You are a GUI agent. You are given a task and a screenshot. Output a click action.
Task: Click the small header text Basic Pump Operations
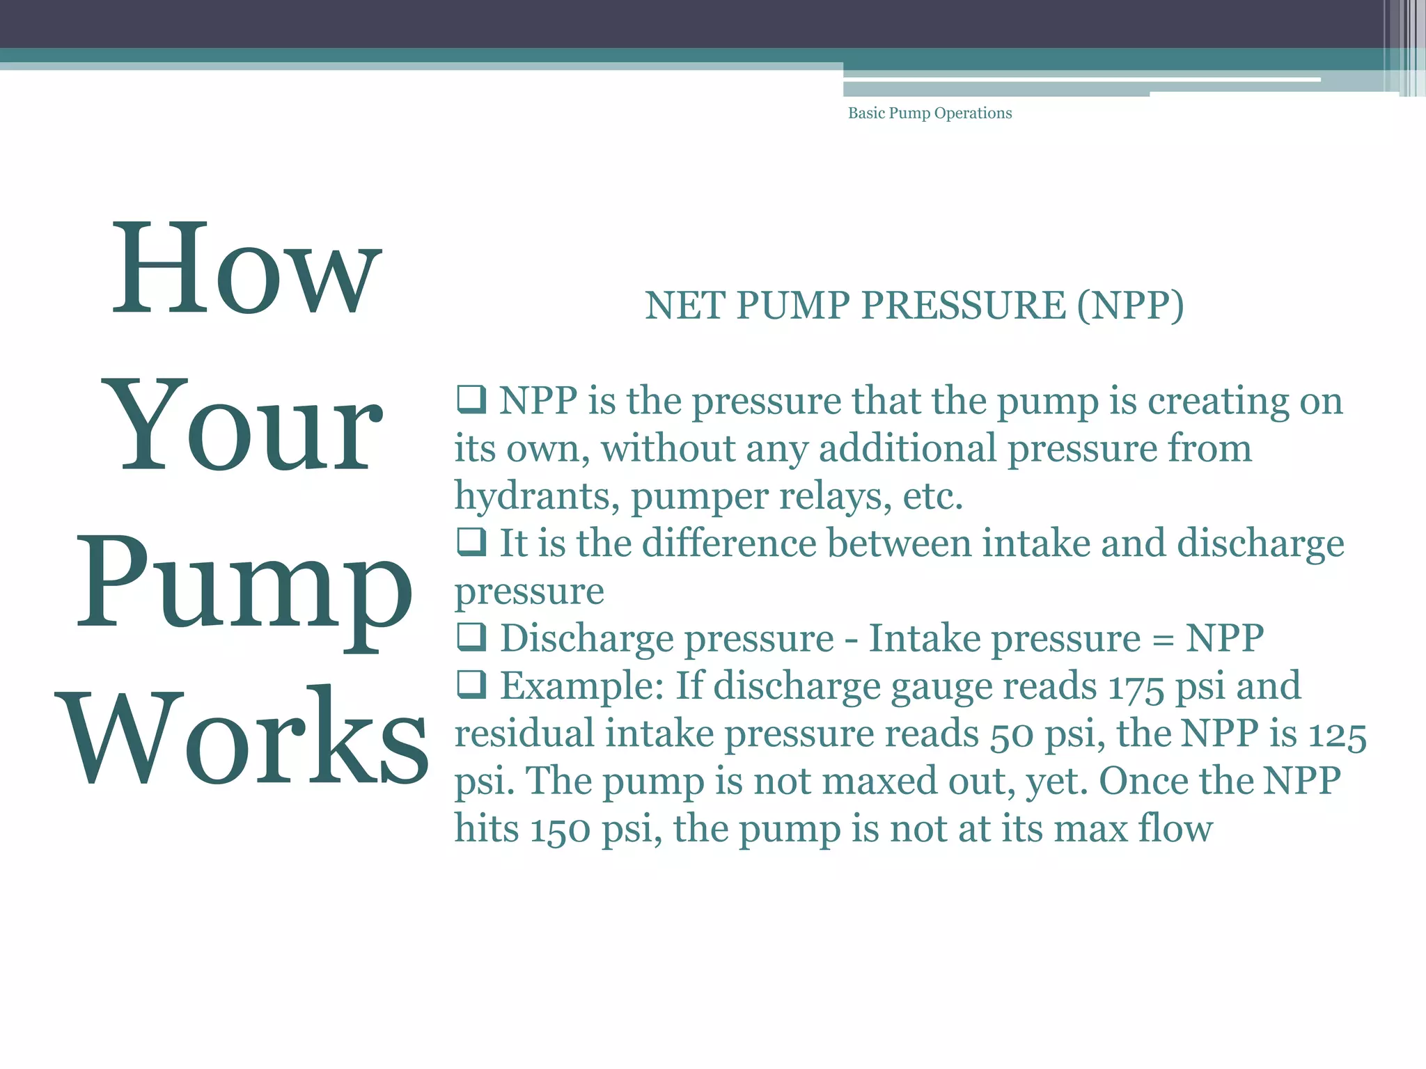(x=930, y=113)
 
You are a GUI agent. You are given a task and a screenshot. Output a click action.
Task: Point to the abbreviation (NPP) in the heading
(x=1130, y=306)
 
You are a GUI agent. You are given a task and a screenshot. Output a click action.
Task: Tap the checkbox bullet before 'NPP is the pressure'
(x=471, y=399)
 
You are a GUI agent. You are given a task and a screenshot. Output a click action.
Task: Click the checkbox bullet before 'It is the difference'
(x=471, y=541)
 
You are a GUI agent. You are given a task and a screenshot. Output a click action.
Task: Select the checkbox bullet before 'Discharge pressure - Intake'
(x=471, y=636)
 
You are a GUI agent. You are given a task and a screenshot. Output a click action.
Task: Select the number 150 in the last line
(x=561, y=830)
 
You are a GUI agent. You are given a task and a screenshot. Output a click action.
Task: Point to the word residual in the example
(x=524, y=734)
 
